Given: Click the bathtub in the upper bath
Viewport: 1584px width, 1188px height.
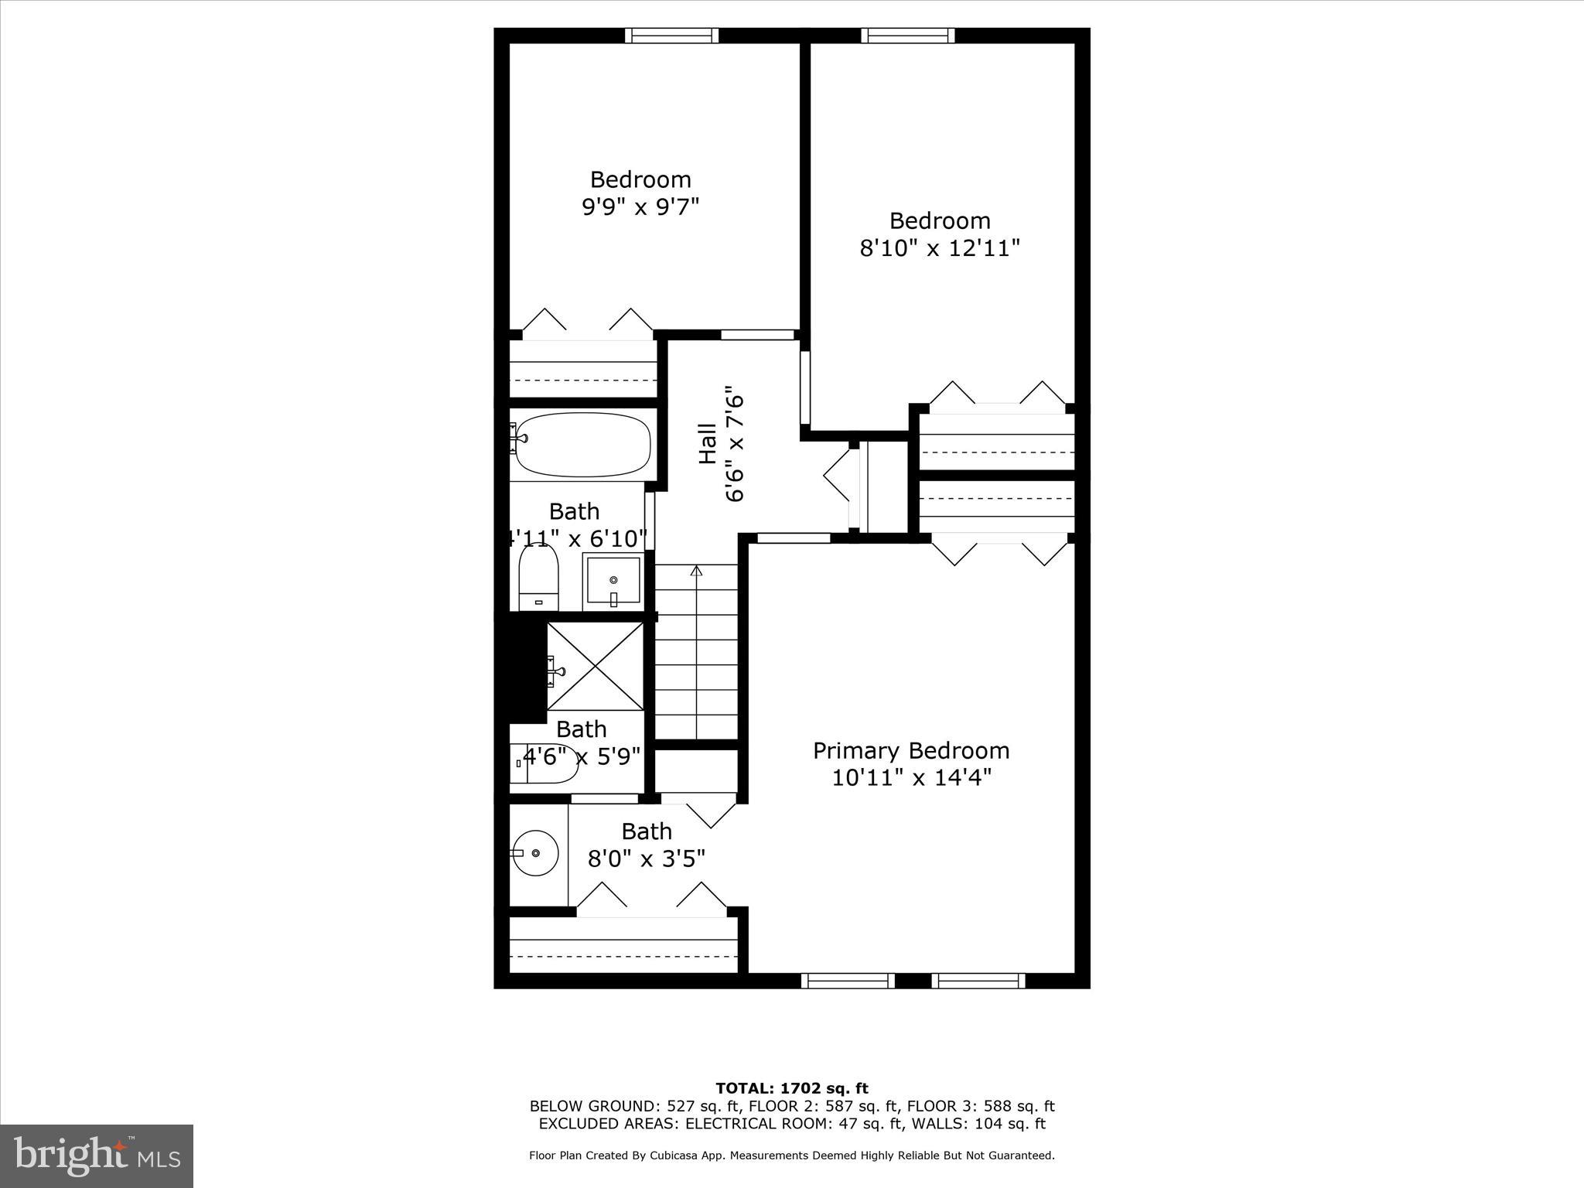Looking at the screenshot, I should pos(582,445).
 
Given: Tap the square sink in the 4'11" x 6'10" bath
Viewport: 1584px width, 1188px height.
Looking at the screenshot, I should pos(613,581).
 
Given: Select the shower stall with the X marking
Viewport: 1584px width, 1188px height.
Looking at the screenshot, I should pos(595,666).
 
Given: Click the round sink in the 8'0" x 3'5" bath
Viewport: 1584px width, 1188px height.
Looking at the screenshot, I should pos(536,853).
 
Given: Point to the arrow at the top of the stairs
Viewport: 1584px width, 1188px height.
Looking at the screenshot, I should pos(696,572).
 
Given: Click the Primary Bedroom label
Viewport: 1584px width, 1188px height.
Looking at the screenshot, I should pos(910,750).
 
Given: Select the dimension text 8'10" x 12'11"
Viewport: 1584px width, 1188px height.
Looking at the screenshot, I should pos(940,248).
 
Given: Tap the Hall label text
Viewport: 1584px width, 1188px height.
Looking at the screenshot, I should pos(707,444).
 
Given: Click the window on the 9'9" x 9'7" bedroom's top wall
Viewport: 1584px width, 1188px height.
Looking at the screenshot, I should pos(671,36).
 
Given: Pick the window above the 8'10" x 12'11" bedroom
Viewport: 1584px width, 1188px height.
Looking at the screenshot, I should pos(907,36).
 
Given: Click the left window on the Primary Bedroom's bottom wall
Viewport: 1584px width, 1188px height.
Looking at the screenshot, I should pos(848,981).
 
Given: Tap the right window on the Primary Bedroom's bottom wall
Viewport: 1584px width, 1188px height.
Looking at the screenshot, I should pos(978,981).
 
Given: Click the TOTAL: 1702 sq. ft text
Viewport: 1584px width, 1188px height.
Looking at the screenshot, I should pos(792,1089).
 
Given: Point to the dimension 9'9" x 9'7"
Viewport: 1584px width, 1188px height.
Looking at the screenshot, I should pos(640,207).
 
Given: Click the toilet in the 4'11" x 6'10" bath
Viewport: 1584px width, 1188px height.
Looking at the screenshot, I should pos(538,576).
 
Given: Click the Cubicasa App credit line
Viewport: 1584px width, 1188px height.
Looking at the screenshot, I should pos(791,1156).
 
